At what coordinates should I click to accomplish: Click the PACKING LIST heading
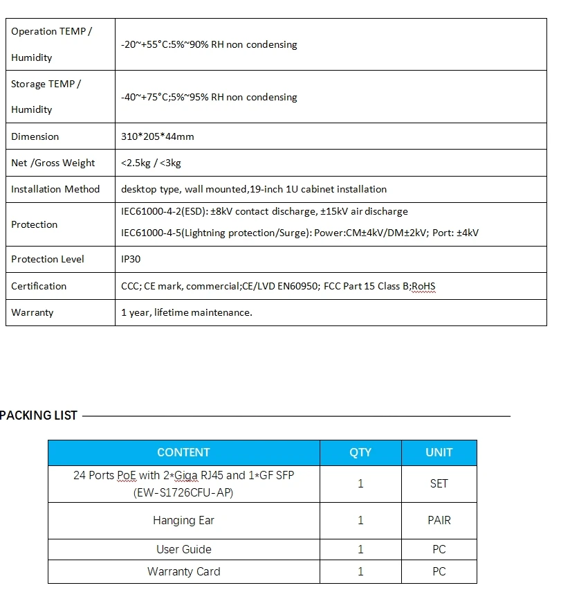click(39, 415)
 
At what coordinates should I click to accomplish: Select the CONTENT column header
click(183, 452)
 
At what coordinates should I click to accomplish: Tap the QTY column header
click(360, 452)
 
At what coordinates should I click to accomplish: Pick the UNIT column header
click(439, 452)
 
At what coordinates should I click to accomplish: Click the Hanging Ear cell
click(183, 520)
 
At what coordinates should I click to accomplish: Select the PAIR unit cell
click(439, 520)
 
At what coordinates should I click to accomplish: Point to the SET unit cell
click(439, 483)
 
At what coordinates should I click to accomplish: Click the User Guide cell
click(183, 549)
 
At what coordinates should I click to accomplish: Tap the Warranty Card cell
click(183, 571)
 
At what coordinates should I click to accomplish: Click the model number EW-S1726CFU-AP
click(183, 492)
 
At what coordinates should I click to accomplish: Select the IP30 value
click(131, 259)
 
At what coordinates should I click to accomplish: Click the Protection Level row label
click(48, 259)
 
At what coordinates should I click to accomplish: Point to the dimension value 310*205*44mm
click(158, 136)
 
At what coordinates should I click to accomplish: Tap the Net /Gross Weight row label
click(53, 163)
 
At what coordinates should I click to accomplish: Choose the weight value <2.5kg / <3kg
click(151, 163)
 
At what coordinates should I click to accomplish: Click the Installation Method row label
click(55, 189)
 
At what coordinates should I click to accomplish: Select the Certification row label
click(39, 286)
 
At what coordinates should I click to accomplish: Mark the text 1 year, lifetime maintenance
click(187, 312)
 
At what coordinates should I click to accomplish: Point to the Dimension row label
click(35, 136)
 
